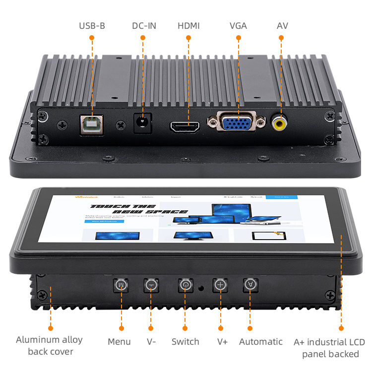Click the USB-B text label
click(x=92, y=25)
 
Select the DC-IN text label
click(x=144, y=25)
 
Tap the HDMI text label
click(x=188, y=25)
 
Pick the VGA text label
click(x=238, y=25)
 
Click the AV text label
click(x=282, y=25)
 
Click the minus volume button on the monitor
click(x=151, y=285)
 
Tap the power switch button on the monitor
click(x=185, y=285)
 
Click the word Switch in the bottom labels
click(x=185, y=342)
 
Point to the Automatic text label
click(x=260, y=342)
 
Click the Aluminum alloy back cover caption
click(x=49, y=346)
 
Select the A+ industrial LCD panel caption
click(x=329, y=348)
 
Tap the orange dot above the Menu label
click(x=121, y=328)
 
